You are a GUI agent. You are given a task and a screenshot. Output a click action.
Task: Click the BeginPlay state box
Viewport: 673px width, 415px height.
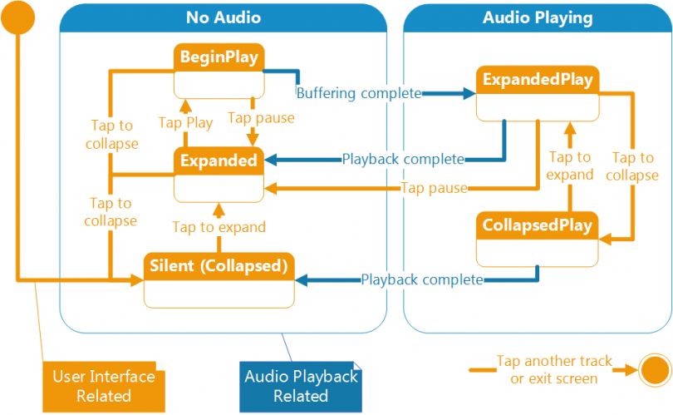(219, 71)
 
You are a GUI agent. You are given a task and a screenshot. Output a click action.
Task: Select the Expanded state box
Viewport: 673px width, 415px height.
(219, 174)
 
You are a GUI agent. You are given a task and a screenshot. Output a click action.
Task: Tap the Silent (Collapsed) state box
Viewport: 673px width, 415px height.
(219, 279)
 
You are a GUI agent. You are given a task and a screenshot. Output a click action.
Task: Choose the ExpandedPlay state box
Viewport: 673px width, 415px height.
(538, 94)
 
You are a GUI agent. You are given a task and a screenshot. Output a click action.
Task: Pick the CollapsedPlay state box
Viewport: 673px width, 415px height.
(538, 240)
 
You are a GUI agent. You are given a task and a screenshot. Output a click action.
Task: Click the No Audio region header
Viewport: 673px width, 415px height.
(223, 17)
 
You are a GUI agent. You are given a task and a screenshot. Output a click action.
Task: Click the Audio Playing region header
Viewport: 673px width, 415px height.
(538, 17)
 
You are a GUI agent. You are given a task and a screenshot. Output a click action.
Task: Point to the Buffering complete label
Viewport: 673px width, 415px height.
(359, 93)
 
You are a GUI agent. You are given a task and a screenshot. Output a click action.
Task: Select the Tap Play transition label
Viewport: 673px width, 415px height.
(185, 122)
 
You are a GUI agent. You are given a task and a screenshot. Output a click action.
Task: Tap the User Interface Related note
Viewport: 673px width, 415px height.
(104, 386)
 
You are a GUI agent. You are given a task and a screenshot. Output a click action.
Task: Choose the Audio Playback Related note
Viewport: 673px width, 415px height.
(301, 386)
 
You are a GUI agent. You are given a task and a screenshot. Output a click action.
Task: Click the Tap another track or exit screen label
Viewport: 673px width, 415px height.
(553, 369)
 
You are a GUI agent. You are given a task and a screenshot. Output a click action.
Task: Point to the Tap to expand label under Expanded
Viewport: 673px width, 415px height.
(219, 227)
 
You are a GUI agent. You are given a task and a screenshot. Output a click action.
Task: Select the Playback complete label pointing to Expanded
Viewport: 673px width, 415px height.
(403, 158)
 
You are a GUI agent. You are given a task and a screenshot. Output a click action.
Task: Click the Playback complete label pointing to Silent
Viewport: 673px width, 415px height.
(421, 279)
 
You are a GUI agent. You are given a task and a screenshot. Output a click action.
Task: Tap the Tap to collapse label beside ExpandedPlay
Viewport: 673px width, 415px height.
(635, 166)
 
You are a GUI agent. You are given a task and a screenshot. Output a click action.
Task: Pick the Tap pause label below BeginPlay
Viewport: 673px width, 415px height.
(261, 118)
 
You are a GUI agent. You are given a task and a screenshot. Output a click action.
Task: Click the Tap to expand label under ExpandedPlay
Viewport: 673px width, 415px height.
(570, 166)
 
